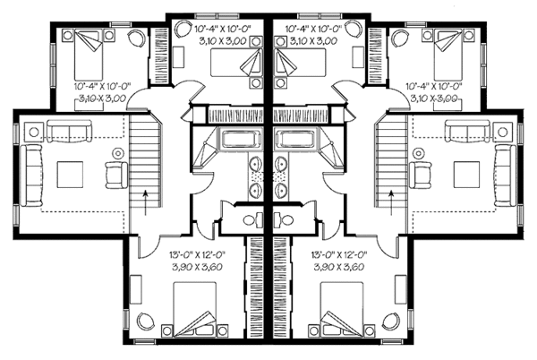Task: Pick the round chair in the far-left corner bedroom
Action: coord(136,39)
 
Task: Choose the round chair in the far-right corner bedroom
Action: coord(398,39)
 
